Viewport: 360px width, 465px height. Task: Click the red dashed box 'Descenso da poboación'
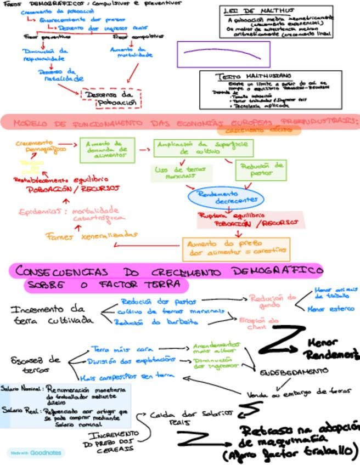111,99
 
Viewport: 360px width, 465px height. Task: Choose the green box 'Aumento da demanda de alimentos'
107,150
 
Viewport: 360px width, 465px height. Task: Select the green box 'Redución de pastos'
261,169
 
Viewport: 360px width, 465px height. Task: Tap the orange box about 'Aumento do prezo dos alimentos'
235,248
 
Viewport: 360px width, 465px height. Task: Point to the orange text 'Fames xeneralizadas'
91,235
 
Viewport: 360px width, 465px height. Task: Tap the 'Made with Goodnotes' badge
35,453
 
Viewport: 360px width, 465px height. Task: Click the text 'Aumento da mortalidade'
132,52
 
